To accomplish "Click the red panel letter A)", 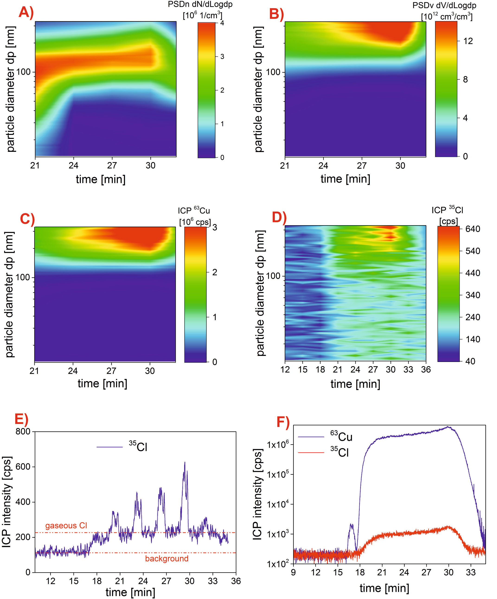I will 26,13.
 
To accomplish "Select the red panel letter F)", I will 283,423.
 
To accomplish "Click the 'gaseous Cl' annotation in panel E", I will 66,525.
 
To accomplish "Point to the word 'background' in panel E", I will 167,559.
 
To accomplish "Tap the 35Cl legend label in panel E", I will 138,447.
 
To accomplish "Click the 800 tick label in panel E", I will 23,431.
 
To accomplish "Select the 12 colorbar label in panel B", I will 468,41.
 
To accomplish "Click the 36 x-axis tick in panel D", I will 426,370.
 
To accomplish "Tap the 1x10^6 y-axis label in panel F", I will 278,444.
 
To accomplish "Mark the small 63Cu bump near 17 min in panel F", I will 351,525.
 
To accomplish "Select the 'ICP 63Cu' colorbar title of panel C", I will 194,211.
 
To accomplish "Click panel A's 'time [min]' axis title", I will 101,179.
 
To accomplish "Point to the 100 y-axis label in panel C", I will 22,277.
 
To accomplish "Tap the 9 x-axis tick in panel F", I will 293,572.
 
